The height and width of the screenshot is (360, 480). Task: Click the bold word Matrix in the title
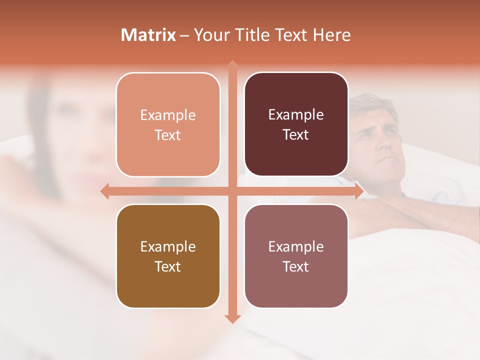point(148,35)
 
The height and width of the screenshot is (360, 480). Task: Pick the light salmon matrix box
point(168,124)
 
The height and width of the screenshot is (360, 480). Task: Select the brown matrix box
point(168,256)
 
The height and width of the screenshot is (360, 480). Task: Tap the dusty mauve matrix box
point(296,256)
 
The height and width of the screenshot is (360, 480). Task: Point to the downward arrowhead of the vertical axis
point(232,318)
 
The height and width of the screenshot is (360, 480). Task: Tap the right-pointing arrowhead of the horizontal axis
point(358,191)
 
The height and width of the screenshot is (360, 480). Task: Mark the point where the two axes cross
point(232,191)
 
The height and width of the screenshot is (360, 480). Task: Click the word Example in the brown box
point(168,246)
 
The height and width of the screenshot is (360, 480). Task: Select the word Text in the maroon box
point(296,134)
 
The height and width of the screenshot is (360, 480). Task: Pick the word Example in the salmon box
point(168,115)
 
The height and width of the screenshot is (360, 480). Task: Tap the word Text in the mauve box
point(296,266)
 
